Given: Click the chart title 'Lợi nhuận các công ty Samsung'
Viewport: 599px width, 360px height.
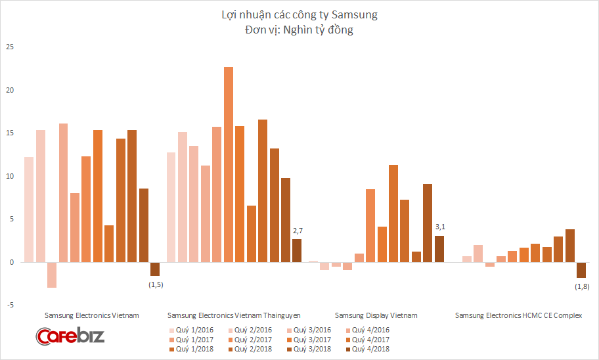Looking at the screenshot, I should [x=299, y=14].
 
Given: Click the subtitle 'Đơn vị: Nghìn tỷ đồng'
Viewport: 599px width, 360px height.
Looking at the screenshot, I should [x=299, y=30].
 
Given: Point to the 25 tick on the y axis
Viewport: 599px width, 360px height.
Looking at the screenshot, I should [x=10, y=47].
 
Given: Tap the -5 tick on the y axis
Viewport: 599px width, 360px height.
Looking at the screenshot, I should [x=10, y=305].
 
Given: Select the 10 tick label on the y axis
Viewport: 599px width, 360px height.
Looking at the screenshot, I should [x=10, y=176].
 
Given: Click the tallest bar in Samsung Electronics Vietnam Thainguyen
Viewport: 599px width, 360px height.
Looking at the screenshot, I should [x=229, y=164].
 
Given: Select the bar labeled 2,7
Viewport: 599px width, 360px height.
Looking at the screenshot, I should [x=297, y=250].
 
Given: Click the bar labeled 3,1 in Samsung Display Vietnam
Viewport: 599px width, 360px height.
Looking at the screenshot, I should [x=439, y=248].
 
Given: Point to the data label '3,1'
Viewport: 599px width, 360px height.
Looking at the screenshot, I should [x=440, y=227].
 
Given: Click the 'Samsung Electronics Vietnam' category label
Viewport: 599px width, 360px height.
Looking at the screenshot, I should [x=91, y=315].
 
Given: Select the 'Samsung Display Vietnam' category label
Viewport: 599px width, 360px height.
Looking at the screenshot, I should [x=376, y=315].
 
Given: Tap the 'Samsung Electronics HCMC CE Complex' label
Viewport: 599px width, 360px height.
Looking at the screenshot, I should [x=519, y=315].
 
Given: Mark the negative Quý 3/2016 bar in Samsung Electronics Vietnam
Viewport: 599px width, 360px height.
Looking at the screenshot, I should [x=52, y=275].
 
